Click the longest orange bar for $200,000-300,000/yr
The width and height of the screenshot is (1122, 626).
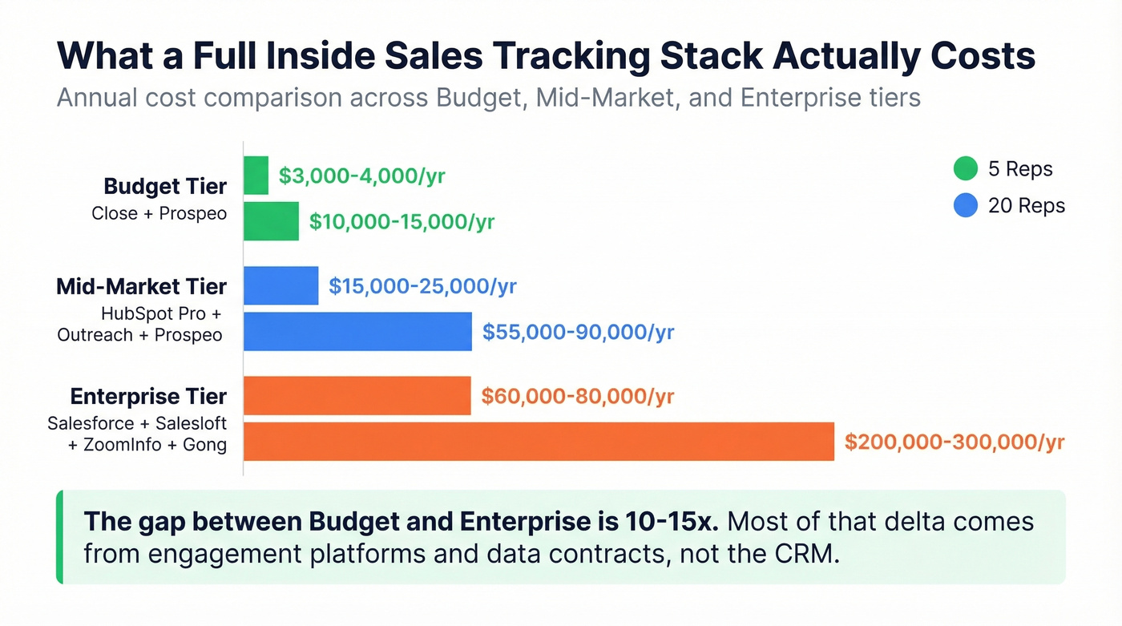coord(539,442)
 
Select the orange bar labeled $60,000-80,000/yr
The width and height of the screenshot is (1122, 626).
coord(357,396)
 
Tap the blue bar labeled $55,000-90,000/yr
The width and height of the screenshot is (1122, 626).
coord(357,332)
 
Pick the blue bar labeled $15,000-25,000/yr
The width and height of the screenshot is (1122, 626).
coord(280,286)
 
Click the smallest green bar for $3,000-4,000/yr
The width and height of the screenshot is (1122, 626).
coord(256,176)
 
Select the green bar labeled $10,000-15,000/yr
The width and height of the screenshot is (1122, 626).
coord(271,221)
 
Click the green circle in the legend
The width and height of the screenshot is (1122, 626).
coord(966,169)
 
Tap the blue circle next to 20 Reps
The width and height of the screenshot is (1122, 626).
coord(966,206)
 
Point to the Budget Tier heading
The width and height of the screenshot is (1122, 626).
coord(165,187)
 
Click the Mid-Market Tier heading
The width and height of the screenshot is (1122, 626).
coord(141,287)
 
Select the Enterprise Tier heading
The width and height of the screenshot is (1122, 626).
coord(148,397)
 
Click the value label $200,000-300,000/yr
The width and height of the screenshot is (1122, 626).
coord(955,442)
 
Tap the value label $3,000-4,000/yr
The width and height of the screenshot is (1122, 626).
coord(361,176)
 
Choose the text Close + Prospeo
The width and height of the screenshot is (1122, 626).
coord(159,214)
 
